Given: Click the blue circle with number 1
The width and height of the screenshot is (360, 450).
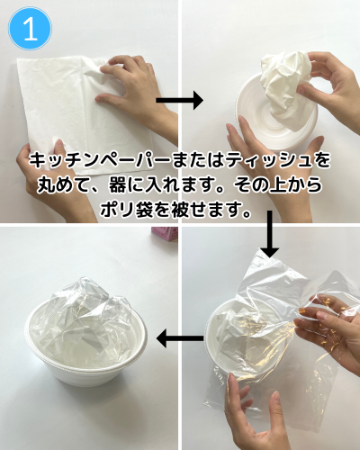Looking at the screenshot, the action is [30, 29].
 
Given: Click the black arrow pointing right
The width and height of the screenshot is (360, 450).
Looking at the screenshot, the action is [179, 100].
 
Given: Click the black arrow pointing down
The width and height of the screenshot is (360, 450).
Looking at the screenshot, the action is [270, 234].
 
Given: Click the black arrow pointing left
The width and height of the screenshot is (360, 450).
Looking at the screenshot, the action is [180, 338].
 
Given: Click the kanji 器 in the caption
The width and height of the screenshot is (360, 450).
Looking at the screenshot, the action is [118, 184].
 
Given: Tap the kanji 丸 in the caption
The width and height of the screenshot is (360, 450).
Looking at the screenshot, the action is [46, 184].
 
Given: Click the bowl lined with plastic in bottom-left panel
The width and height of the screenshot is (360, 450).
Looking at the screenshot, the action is [86, 339].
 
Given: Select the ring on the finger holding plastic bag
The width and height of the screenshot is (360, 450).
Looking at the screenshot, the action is [338, 315].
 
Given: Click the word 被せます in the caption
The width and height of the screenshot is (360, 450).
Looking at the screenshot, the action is [211, 209].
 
